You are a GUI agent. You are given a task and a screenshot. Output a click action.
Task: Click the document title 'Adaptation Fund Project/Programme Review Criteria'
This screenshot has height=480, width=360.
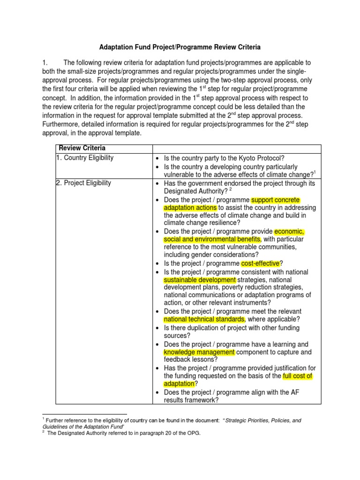(x=180, y=47)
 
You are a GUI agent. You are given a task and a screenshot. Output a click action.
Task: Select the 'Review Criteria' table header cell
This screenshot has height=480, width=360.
(x=79, y=149)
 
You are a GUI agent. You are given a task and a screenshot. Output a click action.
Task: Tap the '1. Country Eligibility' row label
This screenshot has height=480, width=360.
(x=84, y=158)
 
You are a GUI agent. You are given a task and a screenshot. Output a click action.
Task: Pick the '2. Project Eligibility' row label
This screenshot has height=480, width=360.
(x=83, y=183)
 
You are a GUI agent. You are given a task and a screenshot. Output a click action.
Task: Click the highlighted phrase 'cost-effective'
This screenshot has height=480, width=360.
(x=260, y=263)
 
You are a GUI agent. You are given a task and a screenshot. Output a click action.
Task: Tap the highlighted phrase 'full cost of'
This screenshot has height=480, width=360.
(x=298, y=376)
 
